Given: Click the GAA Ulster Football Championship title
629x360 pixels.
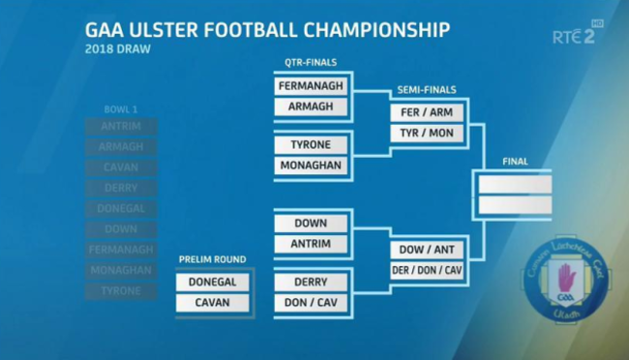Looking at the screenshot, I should pos(267,29).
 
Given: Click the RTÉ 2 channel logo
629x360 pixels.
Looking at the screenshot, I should pos(572,36).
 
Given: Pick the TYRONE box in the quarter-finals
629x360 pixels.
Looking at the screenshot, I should pos(311,145).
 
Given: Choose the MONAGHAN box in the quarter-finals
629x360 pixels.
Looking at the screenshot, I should pos(311,165).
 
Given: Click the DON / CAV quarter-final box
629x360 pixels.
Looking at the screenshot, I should pos(311,303).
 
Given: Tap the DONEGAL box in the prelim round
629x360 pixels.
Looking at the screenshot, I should pos(213,283).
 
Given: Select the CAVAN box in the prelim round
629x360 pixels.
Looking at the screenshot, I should pos(213,303).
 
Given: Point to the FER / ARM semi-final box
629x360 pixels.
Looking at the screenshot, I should pos(427,112).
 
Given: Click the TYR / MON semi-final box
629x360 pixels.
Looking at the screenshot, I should pos(427,133).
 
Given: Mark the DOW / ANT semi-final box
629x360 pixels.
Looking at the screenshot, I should pos(427,250).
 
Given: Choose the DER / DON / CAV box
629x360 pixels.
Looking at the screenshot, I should pos(427,270).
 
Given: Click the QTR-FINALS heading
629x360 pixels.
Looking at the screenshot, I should pos(311,63).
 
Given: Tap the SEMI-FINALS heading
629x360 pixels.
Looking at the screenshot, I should pos(427,90).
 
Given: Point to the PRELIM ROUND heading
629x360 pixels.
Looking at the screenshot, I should pos(213,259).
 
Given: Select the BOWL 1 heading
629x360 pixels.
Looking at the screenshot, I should pos(122,108).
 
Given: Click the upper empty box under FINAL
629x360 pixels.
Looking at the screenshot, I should pos(514,183).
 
